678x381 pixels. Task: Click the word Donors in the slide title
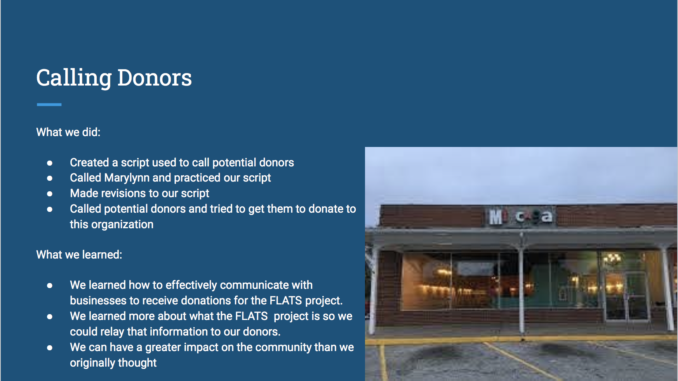coord(155,77)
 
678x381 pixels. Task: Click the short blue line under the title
coord(49,105)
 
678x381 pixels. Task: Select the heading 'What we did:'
coord(68,132)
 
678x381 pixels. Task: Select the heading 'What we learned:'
coord(79,255)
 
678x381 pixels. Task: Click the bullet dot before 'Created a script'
coord(50,163)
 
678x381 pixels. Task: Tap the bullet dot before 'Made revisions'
coord(50,194)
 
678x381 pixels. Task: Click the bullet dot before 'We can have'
coord(50,348)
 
